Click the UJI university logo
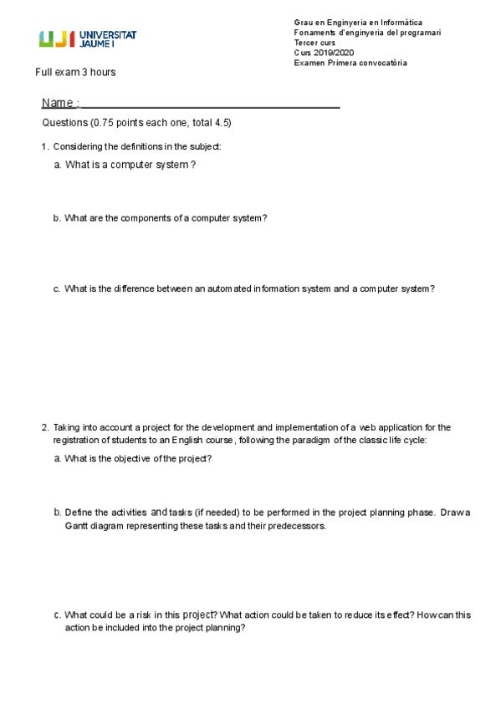click(x=88, y=38)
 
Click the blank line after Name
click(x=209, y=105)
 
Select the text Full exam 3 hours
click(x=75, y=73)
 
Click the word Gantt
click(x=78, y=527)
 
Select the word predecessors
click(x=299, y=527)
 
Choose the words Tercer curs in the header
click(x=314, y=43)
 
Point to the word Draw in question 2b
click(x=455, y=512)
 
